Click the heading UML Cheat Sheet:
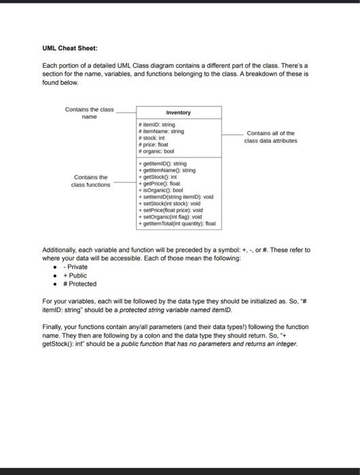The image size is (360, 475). click(x=70, y=48)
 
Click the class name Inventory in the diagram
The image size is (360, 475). click(x=178, y=113)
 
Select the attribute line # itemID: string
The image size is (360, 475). click(x=156, y=125)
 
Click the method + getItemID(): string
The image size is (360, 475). click(x=163, y=164)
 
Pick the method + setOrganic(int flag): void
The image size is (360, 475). click(x=170, y=216)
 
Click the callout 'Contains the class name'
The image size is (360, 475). click(x=89, y=113)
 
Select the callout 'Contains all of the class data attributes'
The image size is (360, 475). click(x=270, y=137)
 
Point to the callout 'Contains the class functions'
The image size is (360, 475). click(x=91, y=180)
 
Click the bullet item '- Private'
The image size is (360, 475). click(x=75, y=267)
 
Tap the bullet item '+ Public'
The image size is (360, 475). click(x=75, y=275)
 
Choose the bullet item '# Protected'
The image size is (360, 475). click(x=79, y=284)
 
